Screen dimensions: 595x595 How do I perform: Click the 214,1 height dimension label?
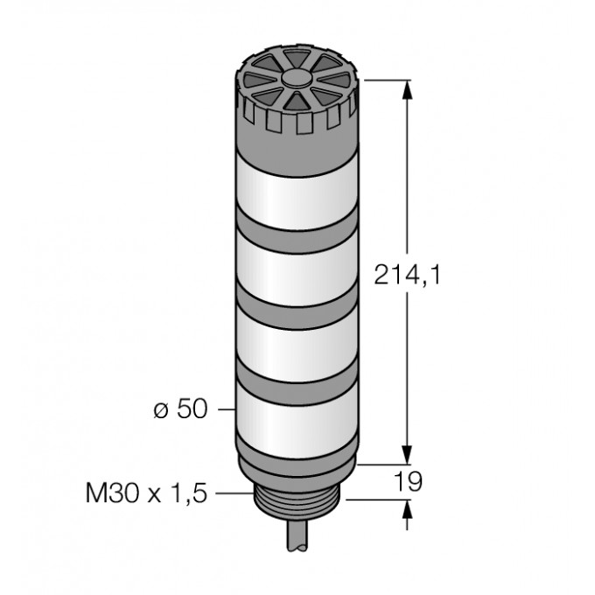[x=408, y=275]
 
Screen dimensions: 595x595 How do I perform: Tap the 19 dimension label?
[x=408, y=481]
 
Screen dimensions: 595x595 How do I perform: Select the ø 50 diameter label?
[x=180, y=409]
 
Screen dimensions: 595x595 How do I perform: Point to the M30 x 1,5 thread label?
[x=146, y=493]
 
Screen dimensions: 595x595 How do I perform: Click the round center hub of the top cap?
[x=297, y=78]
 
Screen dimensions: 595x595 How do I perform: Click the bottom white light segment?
[x=297, y=420]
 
